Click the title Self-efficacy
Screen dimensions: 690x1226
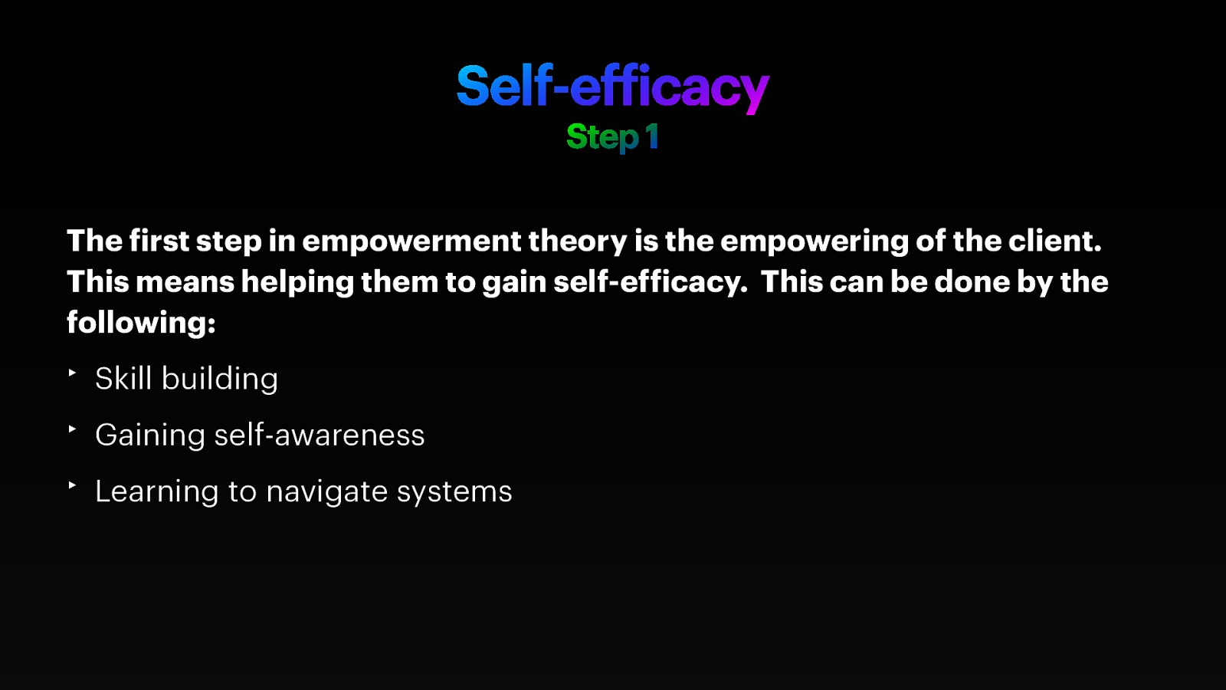click(612, 86)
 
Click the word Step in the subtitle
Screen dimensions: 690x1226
click(602, 138)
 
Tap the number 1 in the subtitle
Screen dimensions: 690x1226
click(651, 137)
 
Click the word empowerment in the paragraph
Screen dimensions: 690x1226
click(411, 242)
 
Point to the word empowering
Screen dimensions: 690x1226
click(814, 242)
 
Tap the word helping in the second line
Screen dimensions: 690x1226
click(297, 283)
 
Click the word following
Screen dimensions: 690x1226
click(140, 323)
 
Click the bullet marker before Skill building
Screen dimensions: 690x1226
click(72, 373)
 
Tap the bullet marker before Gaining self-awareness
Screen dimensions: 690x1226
click(72, 429)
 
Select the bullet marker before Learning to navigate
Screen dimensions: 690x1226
click(72, 485)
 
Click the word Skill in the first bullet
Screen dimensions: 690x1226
click(123, 379)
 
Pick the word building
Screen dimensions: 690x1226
click(220, 379)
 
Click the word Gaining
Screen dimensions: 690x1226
click(150, 435)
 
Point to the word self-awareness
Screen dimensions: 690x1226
click(319, 435)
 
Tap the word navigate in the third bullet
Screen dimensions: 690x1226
click(326, 492)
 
